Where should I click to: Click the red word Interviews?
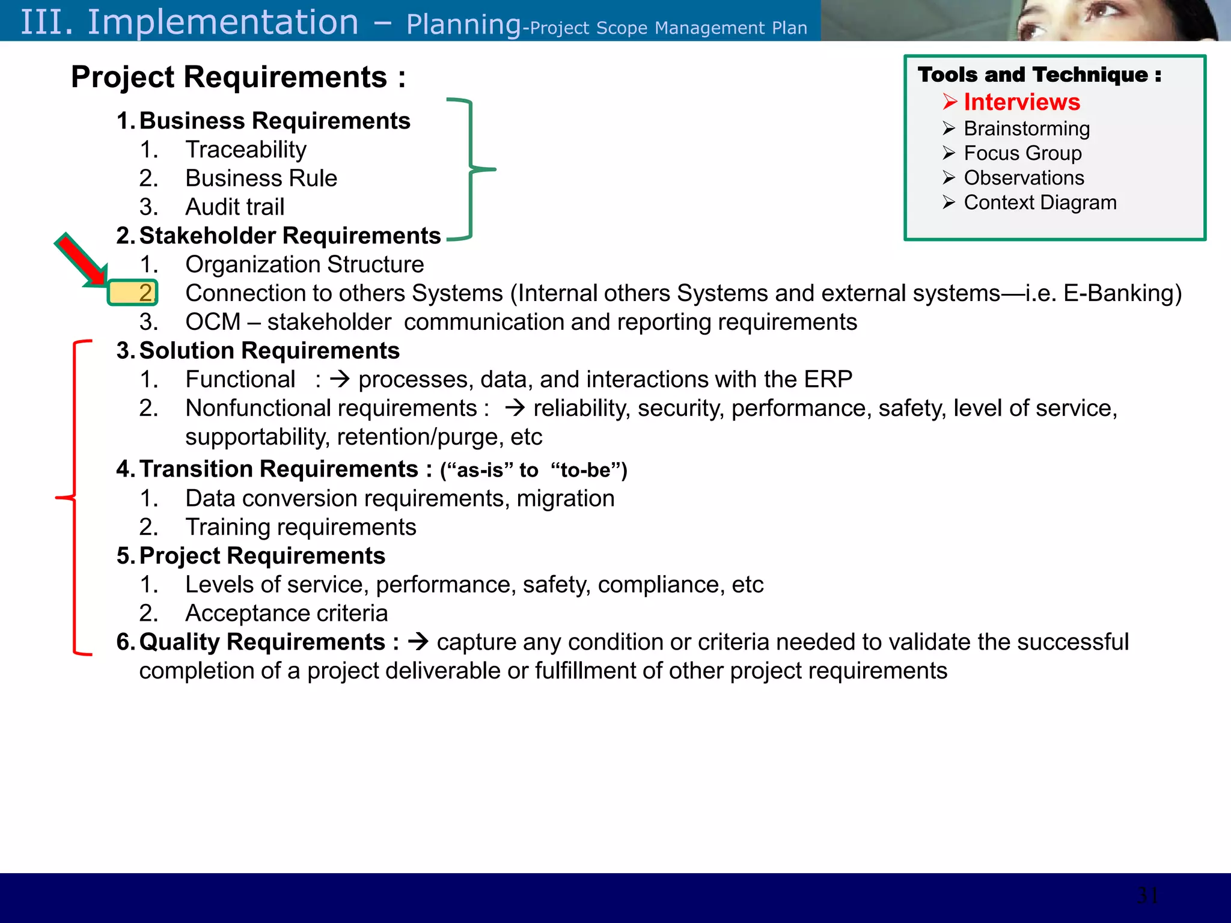pos(1021,102)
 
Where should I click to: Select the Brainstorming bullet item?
pos(1026,129)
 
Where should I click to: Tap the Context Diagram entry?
pos(1040,203)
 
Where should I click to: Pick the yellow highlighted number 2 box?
pos(133,293)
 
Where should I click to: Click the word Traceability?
pos(246,150)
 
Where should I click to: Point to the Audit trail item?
pos(234,207)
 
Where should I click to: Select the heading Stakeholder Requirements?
pos(290,236)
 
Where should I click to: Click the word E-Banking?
pos(1122,293)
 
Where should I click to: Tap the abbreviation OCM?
pos(213,322)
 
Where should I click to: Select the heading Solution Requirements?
pos(269,351)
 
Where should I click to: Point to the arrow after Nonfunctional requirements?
pos(515,409)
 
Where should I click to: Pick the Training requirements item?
pos(301,527)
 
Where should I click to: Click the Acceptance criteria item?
pos(286,614)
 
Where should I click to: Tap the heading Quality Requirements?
pos(262,642)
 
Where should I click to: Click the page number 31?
pos(1147,895)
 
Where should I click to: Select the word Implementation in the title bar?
pos(223,22)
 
